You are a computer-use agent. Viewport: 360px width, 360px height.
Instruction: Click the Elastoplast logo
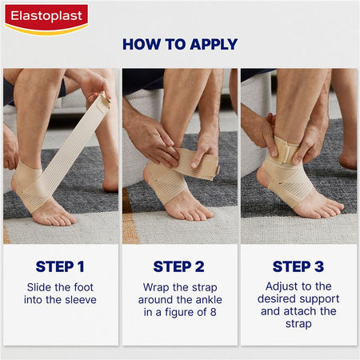pyautogui.click(x=46, y=19)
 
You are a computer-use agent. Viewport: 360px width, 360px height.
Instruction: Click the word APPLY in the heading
pyautogui.click(x=214, y=44)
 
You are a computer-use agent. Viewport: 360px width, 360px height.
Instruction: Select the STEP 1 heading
pyautogui.click(x=60, y=266)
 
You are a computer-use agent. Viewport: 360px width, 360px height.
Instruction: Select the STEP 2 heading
pyautogui.click(x=179, y=266)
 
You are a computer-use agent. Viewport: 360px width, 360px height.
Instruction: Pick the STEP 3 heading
pyautogui.click(x=298, y=266)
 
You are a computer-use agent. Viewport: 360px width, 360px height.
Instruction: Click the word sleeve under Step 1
pyautogui.click(x=81, y=300)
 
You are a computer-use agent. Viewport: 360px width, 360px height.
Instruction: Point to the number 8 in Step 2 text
pyautogui.click(x=213, y=312)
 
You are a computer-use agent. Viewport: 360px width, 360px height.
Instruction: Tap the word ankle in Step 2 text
pyautogui.click(x=209, y=300)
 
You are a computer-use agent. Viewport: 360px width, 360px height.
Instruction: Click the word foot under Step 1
pyautogui.click(x=84, y=287)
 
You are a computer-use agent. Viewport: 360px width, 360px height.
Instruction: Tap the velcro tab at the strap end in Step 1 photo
pyautogui.click(x=103, y=102)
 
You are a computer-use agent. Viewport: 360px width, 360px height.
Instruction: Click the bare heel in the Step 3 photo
pyautogui.click(x=262, y=177)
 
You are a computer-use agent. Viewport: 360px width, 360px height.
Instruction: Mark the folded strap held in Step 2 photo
pyautogui.click(x=197, y=162)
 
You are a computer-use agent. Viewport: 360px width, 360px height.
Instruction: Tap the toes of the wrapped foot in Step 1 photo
pyautogui.click(x=59, y=220)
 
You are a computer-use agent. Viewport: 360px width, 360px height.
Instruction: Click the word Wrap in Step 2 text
pyautogui.click(x=154, y=288)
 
